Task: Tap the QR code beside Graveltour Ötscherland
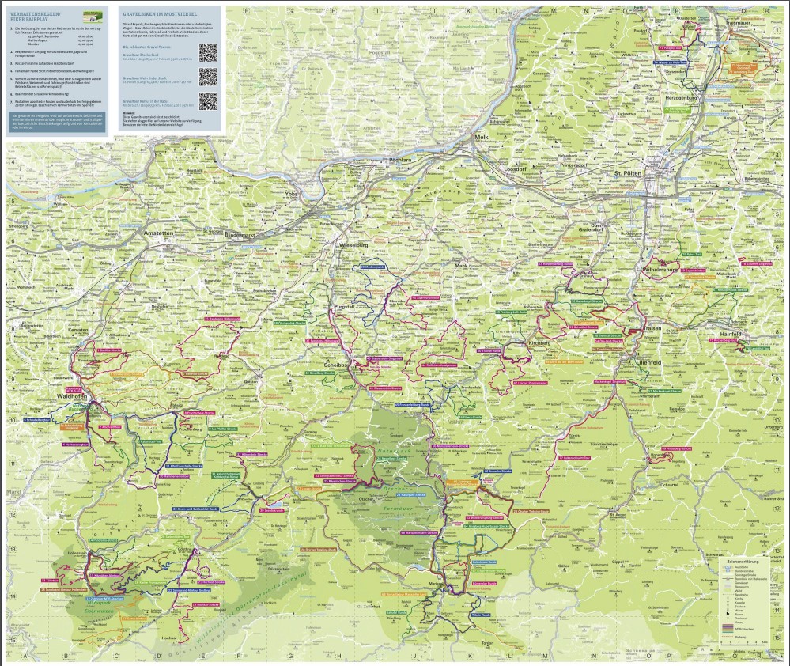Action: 207,53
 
